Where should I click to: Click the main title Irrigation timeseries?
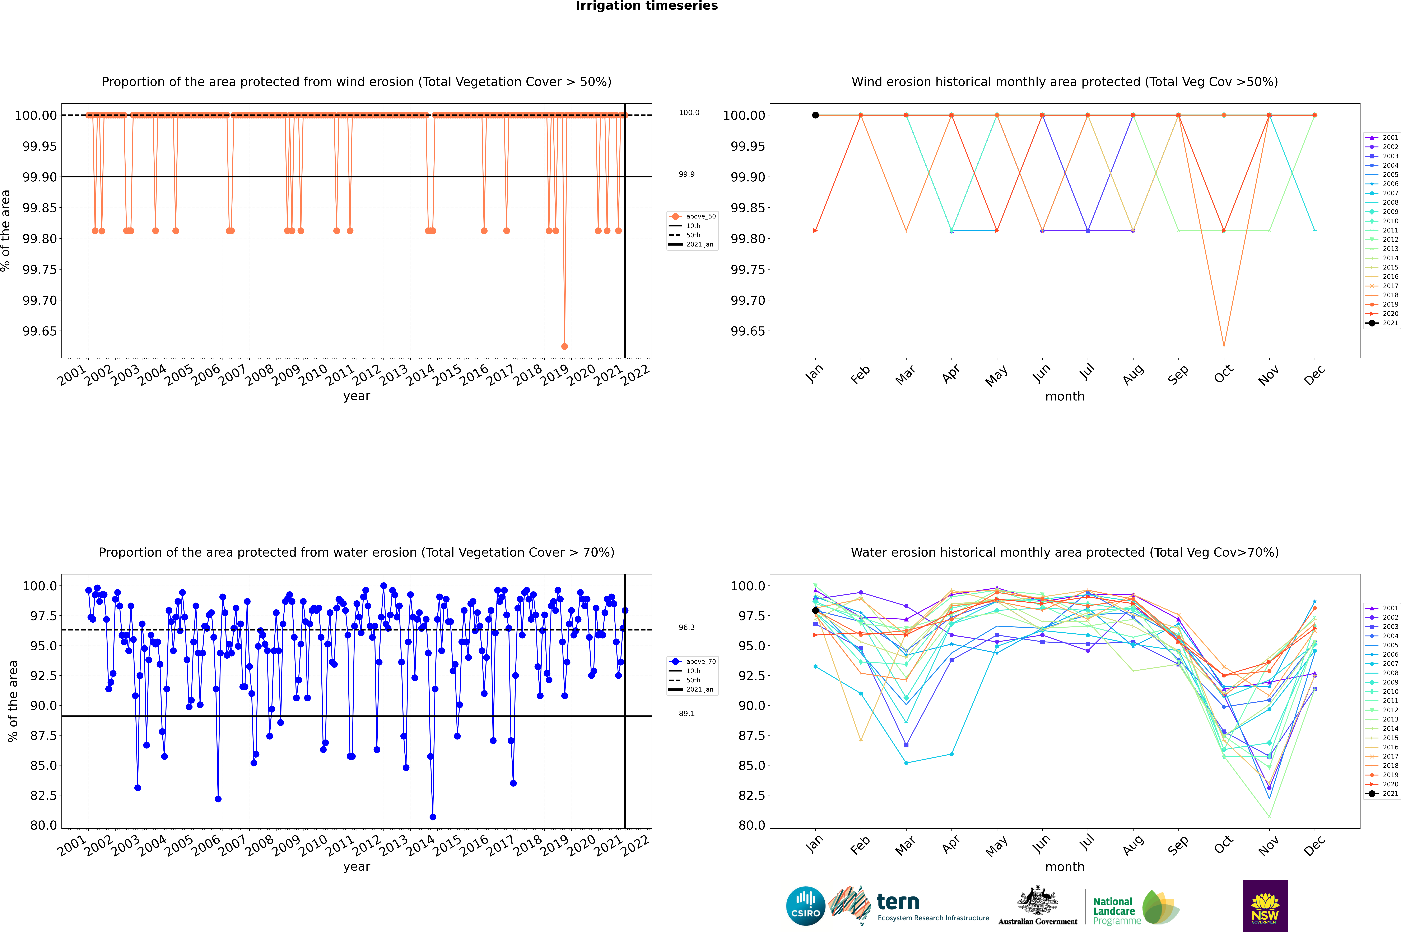(647, 6)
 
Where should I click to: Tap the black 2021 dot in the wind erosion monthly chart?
(815, 115)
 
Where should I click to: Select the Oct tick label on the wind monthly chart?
(1223, 374)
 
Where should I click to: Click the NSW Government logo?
(1265, 906)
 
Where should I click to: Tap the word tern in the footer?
(898, 902)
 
